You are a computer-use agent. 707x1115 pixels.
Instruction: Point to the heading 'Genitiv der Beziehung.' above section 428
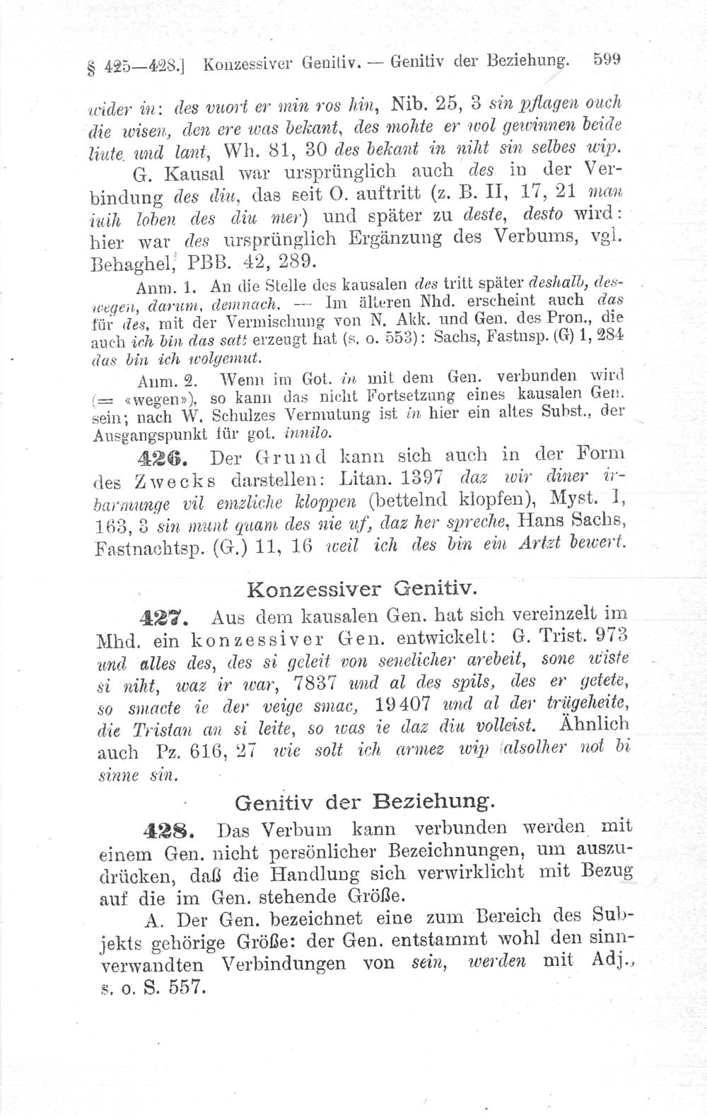[x=364, y=802]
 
